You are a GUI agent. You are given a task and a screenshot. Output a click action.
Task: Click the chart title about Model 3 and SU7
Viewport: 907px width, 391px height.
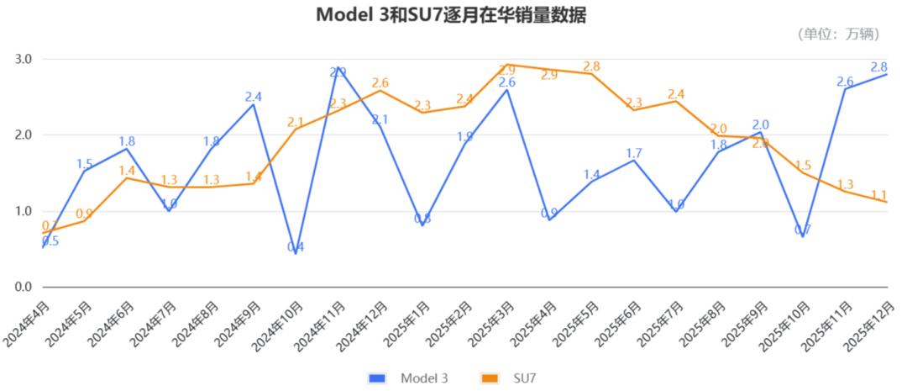pos(451,15)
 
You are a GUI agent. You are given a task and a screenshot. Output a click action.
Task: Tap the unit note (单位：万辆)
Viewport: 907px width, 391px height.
pos(839,34)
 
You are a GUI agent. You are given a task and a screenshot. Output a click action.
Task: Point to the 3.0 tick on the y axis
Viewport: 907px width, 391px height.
pos(23,60)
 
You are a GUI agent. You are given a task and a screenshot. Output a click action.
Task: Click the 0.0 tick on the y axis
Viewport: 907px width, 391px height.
pos(23,288)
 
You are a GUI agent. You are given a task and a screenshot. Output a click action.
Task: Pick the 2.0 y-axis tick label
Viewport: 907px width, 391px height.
pos(23,135)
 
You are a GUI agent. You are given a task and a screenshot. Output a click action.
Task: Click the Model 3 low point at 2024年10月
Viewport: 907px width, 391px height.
pos(296,253)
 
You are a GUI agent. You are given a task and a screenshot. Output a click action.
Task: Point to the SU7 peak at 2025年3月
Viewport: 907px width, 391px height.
pos(507,65)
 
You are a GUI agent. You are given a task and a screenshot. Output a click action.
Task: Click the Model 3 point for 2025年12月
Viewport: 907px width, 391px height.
pos(887,74)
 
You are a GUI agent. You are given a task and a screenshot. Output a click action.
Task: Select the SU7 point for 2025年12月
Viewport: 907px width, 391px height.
pos(887,202)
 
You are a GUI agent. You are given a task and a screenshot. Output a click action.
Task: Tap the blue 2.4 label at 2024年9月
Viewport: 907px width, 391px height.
pos(254,97)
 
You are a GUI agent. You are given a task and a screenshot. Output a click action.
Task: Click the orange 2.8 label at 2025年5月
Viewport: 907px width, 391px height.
pos(591,66)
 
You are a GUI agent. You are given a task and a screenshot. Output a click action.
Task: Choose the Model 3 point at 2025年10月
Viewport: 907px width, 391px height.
pos(803,236)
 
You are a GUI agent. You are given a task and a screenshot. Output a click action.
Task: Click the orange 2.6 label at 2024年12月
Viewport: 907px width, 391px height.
pos(380,83)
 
